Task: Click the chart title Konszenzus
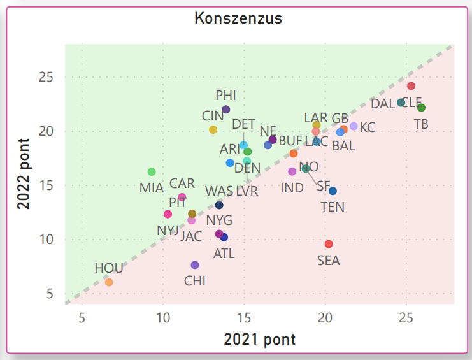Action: [238, 18]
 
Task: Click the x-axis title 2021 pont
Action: [259, 339]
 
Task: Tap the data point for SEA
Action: [329, 244]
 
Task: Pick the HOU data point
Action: [109, 282]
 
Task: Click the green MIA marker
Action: [152, 172]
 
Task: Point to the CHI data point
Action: [195, 265]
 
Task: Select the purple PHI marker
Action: [226, 110]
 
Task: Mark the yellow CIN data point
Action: [213, 129]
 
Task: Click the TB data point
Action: [421, 108]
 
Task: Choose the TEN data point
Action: [333, 191]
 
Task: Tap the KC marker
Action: [354, 126]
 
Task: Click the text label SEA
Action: [329, 261]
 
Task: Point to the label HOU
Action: [109, 268]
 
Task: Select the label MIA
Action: [152, 188]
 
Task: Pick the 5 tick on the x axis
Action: [82, 318]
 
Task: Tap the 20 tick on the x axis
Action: [325, 318]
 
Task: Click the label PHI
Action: [225, 95]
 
